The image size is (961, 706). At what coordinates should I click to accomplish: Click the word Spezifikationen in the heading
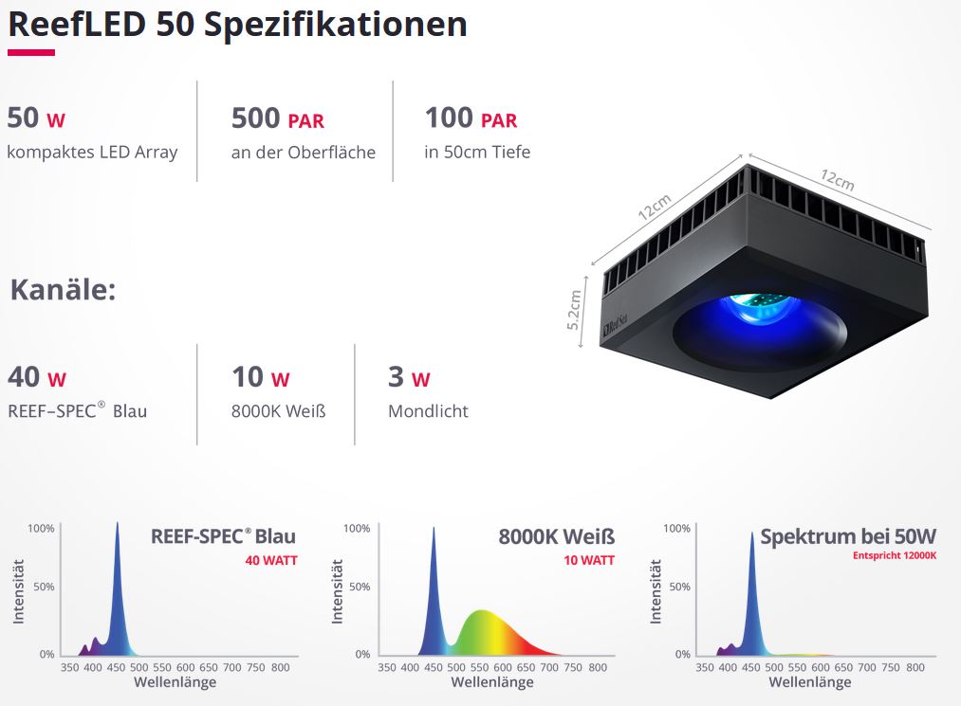(335, 24)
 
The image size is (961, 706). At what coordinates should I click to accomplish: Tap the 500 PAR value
(278, 119)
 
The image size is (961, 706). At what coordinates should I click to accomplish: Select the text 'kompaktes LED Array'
(92, 152)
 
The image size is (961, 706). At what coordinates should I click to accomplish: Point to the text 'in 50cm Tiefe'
(477, 152)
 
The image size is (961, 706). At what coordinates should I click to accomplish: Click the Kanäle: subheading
(63, 289)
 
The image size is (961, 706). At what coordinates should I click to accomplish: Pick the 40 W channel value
(37, 378)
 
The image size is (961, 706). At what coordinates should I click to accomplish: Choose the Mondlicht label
(428, 411)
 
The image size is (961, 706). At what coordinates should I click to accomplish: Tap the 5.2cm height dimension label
(574, 310)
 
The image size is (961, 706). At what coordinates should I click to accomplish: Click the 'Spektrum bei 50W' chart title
(848, 536)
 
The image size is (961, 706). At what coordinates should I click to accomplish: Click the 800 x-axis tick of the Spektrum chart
(915, 667)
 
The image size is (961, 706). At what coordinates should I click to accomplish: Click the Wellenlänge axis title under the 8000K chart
(492, 682)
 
